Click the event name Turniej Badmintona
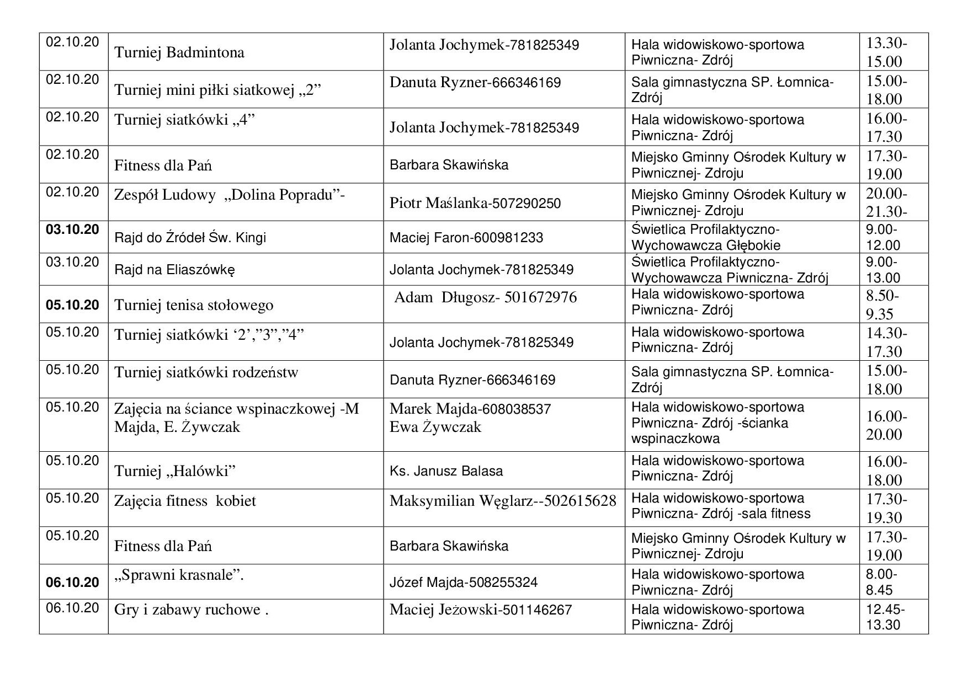point(179,52)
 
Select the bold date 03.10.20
point(73,229)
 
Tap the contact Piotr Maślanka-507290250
point(475,203)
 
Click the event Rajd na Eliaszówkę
point(175,270)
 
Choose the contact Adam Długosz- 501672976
point(485,297)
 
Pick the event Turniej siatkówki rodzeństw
point(206,372)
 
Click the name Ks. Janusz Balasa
point(446,471)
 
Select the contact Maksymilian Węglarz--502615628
point(502,501)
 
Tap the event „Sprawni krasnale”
point(179,575)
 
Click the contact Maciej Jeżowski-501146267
point(480,610)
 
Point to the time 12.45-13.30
point(885,617)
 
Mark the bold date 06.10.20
point(73,583)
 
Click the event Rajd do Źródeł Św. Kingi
point(190,238)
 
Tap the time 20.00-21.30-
point(886,202)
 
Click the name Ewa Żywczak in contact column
point(435,427)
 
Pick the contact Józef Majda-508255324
point(463,583)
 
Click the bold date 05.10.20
point(73,305)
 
